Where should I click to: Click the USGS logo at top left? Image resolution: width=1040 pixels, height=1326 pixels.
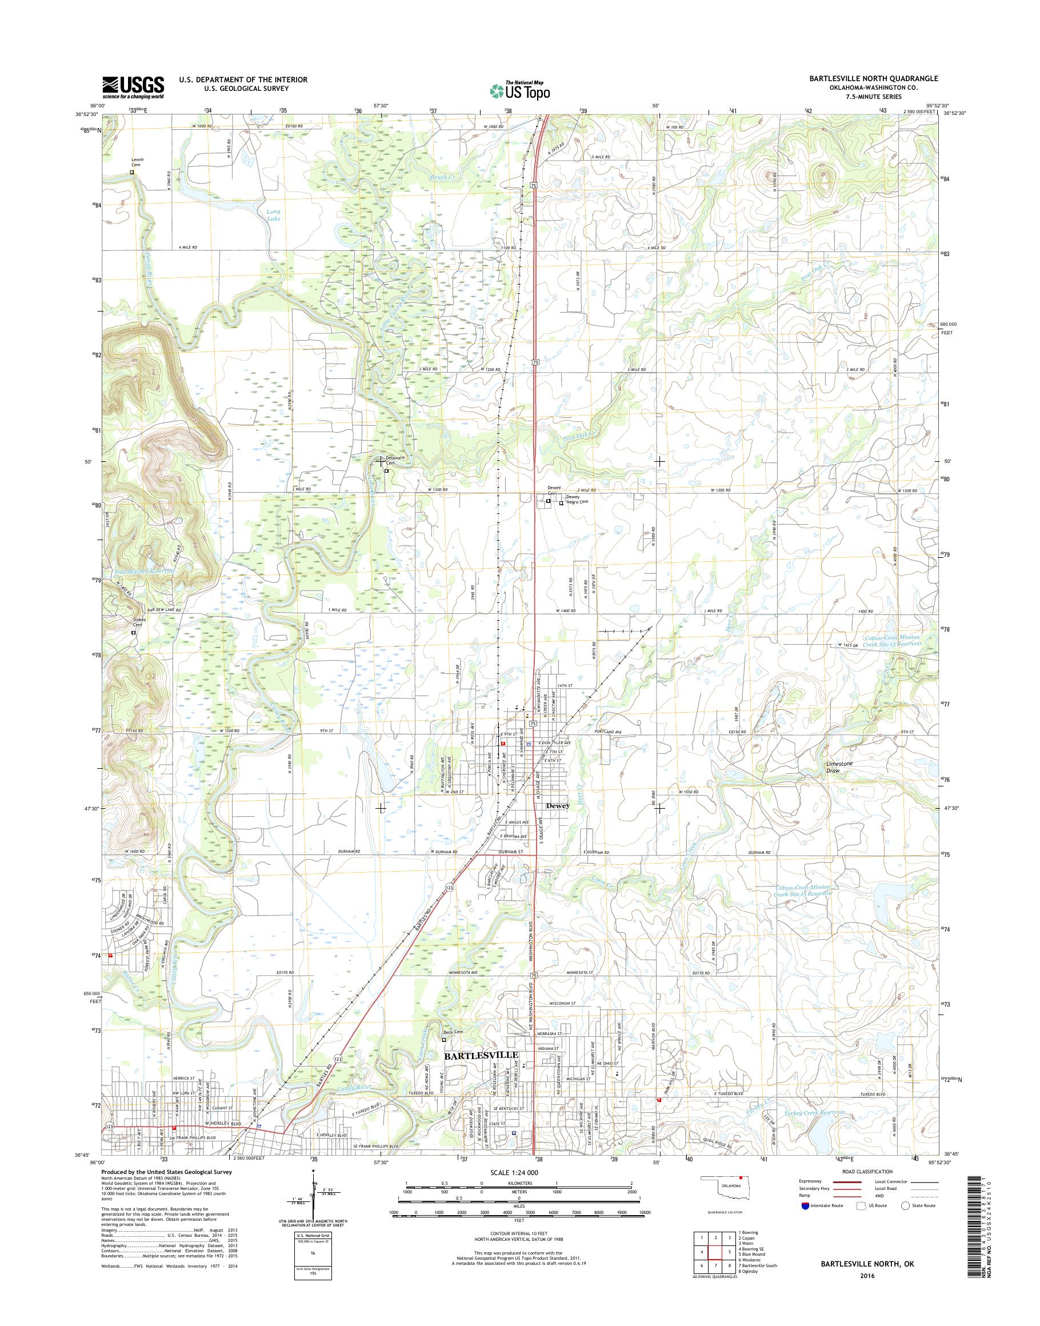tap(133, 87)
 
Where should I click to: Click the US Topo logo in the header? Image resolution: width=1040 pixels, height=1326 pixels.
tap(520, 90)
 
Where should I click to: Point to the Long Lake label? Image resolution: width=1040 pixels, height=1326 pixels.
tap(273, 214)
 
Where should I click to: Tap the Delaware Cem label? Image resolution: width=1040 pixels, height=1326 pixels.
tap(393, 460)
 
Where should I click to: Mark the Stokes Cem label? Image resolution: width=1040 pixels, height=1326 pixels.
tap(140, 622)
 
